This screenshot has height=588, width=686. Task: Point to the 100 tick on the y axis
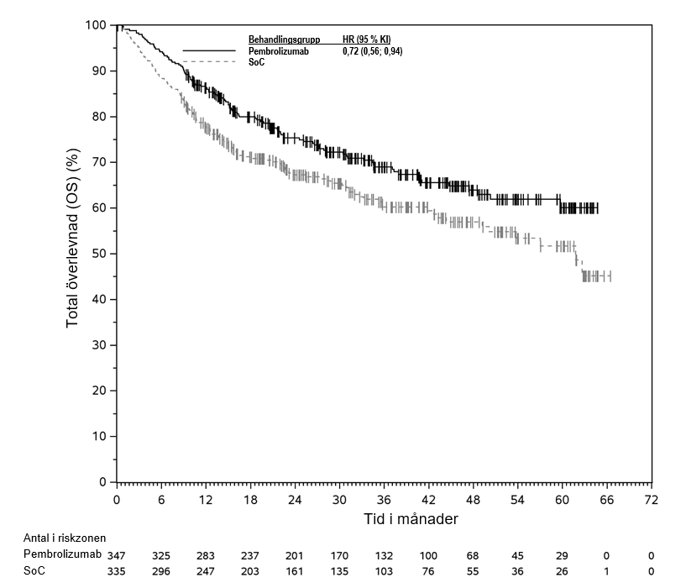(x=97, y=25)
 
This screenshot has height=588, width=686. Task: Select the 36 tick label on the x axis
(x=384, y=499)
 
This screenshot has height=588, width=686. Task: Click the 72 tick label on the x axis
(x=651, y=499)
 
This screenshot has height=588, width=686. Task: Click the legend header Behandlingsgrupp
(x=284, y=39)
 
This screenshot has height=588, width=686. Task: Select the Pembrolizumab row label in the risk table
(x=62, y=555)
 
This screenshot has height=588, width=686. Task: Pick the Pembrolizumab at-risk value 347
(x=117, y=555)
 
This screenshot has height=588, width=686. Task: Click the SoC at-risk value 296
(x=161, y=571)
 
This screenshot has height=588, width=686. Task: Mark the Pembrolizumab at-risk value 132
(x=384, y=555)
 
